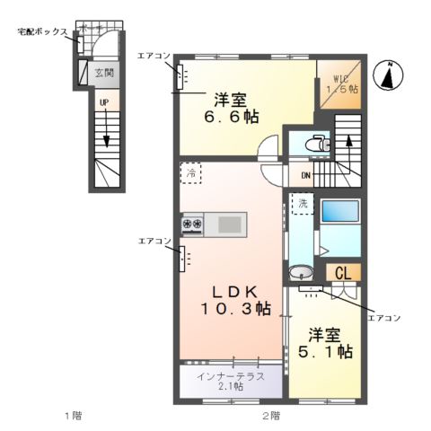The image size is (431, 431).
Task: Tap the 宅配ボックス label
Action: pyautogui.click(x=42, y=31)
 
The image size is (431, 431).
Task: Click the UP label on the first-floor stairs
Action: pyautogui.click(x=104, y=102)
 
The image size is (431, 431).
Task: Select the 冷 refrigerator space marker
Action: pyautogui.click(x=191, y=172)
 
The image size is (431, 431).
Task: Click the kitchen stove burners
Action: pyautogui.click(x=193, y=224)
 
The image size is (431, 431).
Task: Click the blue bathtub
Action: pyautogui.click(x=339, y=212)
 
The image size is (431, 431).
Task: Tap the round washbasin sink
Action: pyautogui.click(x=303, y=274)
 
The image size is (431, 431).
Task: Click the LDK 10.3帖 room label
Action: pyautogui.click(x=235, y=299)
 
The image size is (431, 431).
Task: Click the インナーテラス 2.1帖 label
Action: pyautogui.click(x=231, y=381)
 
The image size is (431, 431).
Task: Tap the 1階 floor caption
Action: pyautogui.click(x=73, y=416)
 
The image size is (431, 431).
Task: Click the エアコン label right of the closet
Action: pyautogui.click(x=384, y=318)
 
